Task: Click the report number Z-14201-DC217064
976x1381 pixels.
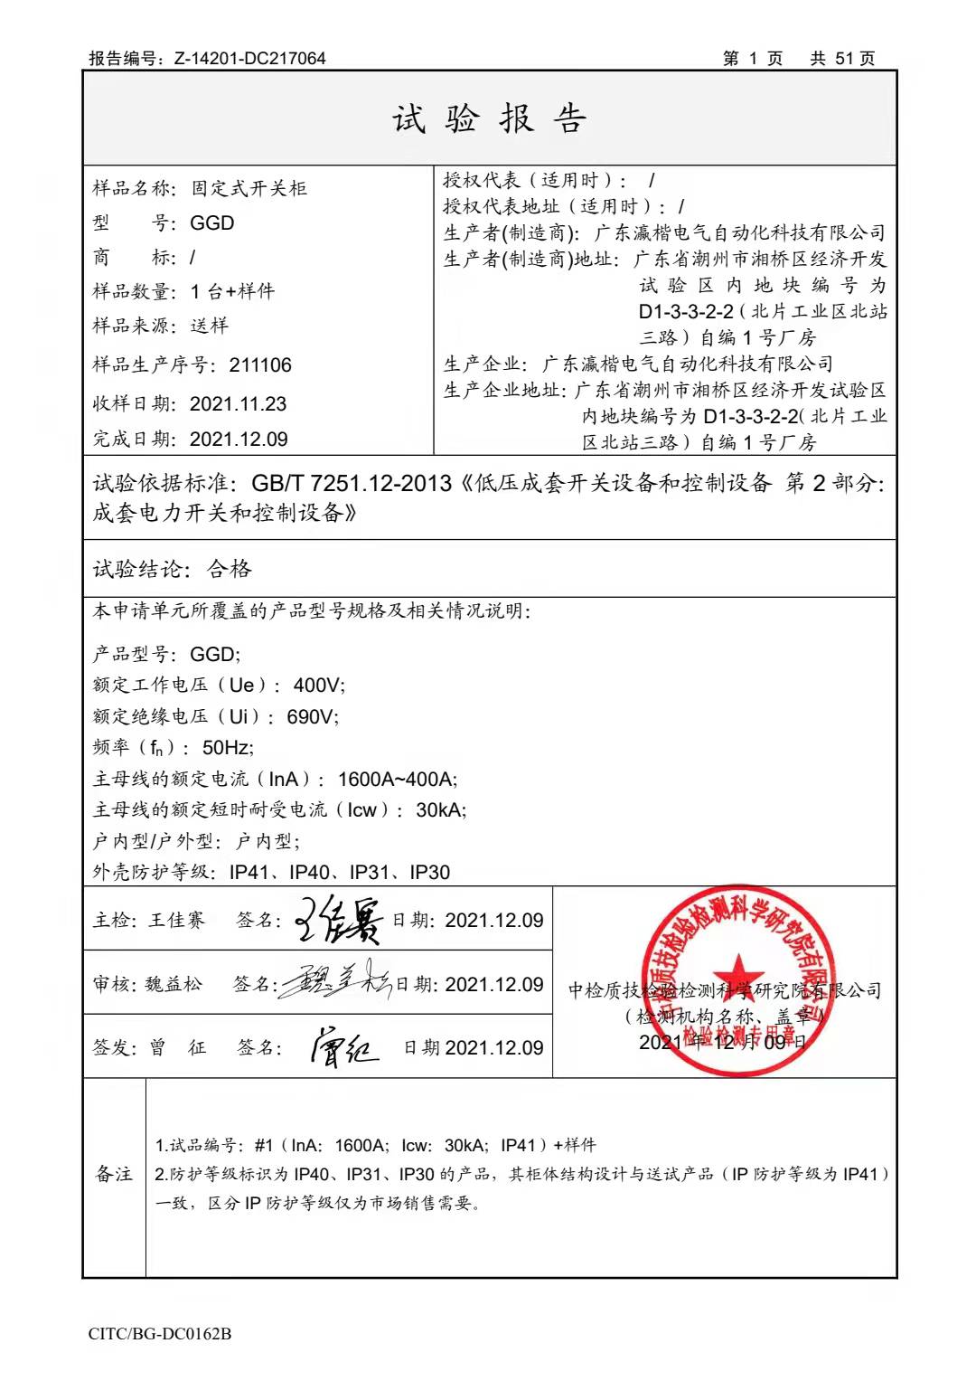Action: (x=249, y=59)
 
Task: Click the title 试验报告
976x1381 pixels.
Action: (x=489, y=118)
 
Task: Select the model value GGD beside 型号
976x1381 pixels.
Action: (x=212, y=223)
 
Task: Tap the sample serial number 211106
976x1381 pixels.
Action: (x=260, y=365)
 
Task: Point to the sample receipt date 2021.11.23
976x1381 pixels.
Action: (x=238, y=403)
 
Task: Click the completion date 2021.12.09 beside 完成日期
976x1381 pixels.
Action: (x=239, y=440)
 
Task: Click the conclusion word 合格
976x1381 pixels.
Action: (x=230, y=569)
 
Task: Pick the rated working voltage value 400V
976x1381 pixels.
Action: (x=318, y=686)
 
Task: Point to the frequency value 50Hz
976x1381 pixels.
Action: (x=228, y=748)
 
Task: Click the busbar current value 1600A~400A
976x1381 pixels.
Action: (x=397, y=780)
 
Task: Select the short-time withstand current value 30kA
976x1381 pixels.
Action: (x=440, y=810)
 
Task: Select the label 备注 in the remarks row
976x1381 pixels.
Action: (x=114, y=1174)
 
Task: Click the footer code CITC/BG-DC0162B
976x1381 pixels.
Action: (x=160, y=1334)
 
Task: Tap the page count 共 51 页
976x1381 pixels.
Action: (x=842, y=59)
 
